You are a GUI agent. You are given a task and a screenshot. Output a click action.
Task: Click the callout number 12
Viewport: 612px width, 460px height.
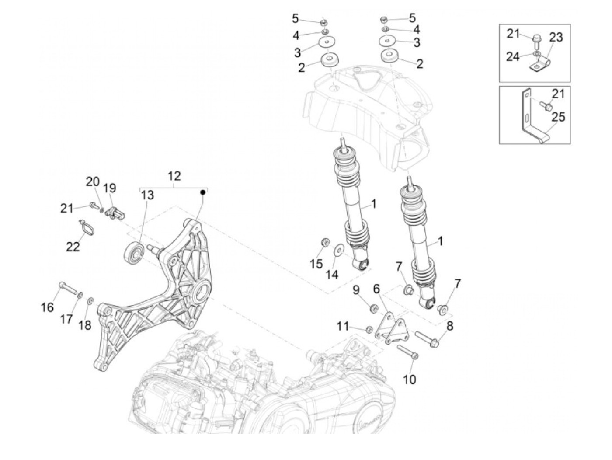pos(174,176)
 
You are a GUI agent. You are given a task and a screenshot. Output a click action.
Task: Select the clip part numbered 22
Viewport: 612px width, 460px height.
pos(87,227)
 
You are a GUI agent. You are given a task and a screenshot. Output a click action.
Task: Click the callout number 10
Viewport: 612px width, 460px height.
pos(409,379)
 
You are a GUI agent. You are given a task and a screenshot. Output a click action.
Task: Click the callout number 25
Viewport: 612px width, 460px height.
pos(558,117)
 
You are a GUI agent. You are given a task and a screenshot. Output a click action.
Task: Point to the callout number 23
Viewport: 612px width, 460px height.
pos(556,38)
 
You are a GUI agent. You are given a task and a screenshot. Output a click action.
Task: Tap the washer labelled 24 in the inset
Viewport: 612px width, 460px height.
pos(536,54)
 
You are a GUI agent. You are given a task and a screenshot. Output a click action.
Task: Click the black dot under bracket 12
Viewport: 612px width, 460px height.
pos(203,192)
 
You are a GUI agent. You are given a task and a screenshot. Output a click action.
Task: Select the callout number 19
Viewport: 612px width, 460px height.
pos(110,188)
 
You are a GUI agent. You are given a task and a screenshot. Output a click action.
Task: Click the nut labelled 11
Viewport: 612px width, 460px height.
pos(368,329)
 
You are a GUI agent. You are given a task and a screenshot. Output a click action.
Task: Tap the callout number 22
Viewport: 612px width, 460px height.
pos(73,247)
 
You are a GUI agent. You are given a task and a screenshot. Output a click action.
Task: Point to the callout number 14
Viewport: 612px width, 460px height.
pos(332,274)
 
